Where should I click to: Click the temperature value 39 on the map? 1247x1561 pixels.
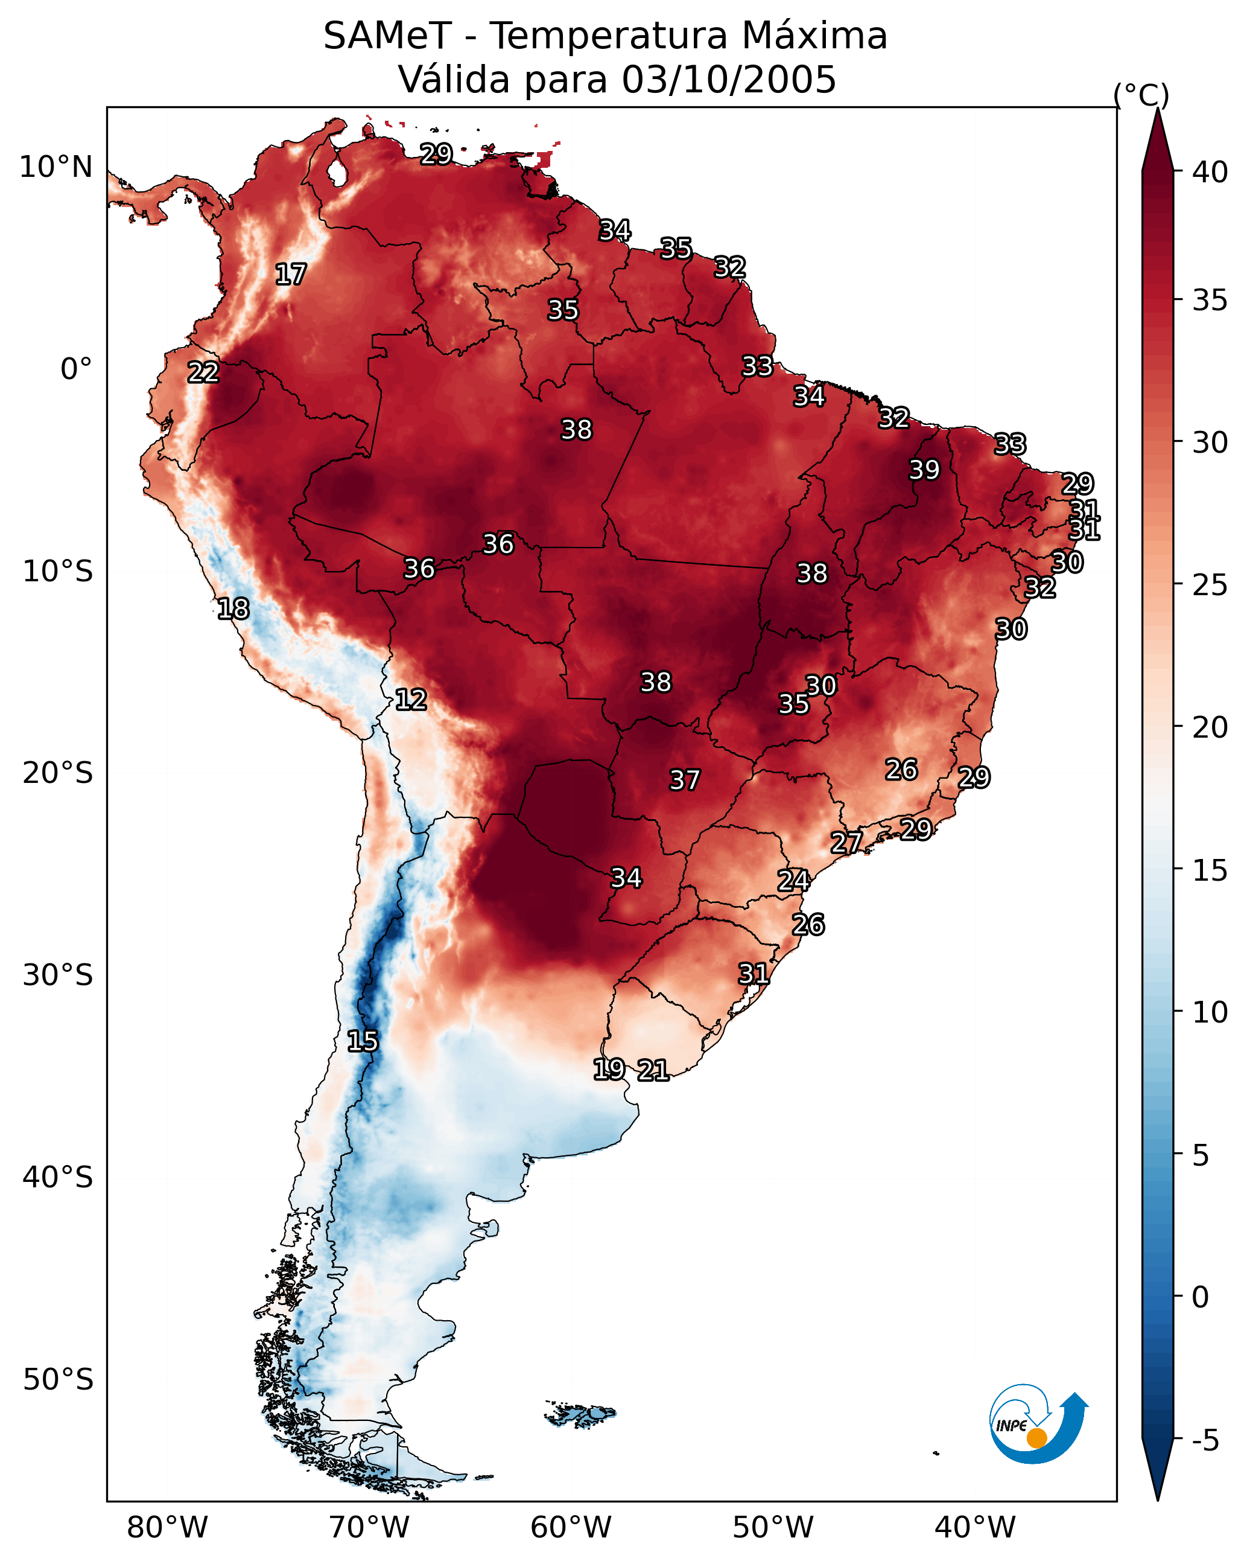pos(924,470)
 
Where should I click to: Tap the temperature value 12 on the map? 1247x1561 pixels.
pos(411,700)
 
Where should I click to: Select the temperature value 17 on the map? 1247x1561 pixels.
pos(291,275)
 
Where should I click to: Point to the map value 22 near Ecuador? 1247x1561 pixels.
pos(203,372)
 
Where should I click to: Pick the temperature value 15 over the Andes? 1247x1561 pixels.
pos(363,1041)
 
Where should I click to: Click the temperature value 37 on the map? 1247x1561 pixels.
pos(685,780)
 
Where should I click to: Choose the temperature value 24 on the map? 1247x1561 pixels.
pos(793,881)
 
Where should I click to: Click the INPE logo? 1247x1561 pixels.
pos(1038,1423)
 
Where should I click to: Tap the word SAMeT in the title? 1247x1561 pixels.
pos(387,36)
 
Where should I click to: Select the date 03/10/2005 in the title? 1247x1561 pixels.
pos(729,79)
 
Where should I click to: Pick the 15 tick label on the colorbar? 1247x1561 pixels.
pos(1210,870)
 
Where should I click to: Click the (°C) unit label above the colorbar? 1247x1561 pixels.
pos(1141,95)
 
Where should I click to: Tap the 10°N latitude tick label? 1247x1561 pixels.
pos(56,167)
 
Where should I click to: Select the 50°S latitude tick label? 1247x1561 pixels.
pos(58,1380)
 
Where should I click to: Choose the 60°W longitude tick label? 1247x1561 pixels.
pos(571,1528)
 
